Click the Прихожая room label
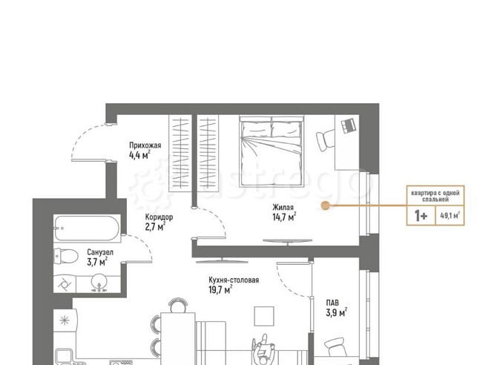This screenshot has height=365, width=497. (145, 145)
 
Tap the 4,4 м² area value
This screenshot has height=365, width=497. (139, 155)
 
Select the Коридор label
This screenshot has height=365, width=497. (159, 217)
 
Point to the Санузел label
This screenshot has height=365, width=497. (100, 252)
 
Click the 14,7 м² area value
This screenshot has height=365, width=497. (284, 217)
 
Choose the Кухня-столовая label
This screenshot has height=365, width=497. (234, 280)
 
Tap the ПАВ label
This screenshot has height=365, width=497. (332, 303)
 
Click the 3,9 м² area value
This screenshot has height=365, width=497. (336, 312)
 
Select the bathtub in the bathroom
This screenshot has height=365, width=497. (87, 228)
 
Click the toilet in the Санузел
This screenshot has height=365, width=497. (66, 256)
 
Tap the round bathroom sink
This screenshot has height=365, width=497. (99, 282)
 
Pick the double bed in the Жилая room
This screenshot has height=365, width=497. (271, 151)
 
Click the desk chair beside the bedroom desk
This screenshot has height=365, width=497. (326, 140)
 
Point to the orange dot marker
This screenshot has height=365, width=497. (325, 205)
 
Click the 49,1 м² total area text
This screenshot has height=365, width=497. (450, 216)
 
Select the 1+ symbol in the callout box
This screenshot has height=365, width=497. (421, 217)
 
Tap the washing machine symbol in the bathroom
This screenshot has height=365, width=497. (65, 284)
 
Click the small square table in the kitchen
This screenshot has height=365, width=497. (264, 316)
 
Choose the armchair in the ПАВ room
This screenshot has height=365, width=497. (337, 347)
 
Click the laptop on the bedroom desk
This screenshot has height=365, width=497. (349, 125)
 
